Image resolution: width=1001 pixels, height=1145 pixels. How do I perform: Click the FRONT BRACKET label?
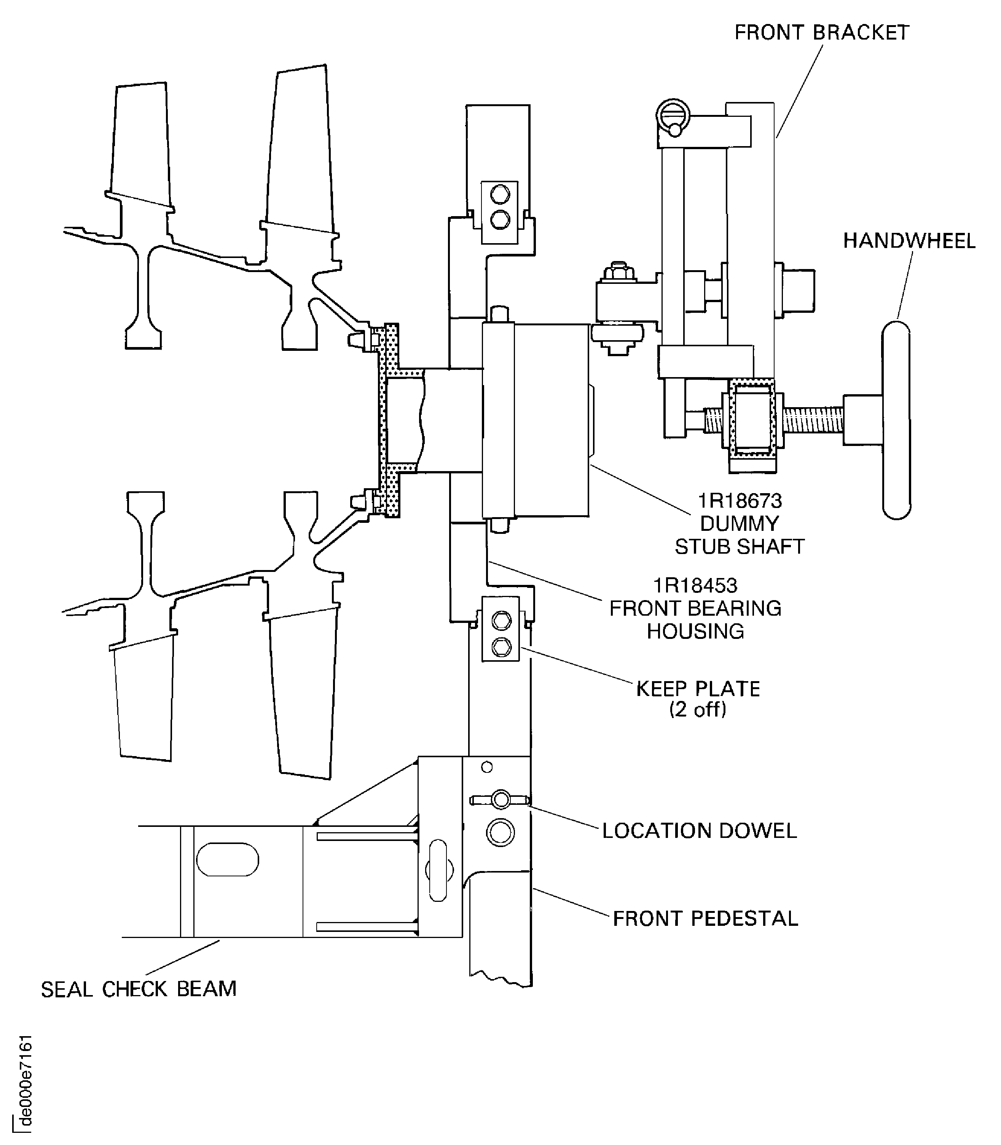coord(821,33)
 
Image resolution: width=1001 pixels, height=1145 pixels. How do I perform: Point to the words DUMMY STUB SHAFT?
coord(739,535)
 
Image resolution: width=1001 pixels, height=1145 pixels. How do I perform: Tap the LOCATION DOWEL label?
coord(699,831)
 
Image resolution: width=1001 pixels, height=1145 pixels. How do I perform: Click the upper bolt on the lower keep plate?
coord(501,621)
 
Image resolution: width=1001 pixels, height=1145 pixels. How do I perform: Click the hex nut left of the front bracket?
coord(617,272)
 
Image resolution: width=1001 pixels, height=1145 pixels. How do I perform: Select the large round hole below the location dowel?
coord(500,833)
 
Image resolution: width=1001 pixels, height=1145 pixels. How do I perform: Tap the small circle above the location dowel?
coord(486,768)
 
